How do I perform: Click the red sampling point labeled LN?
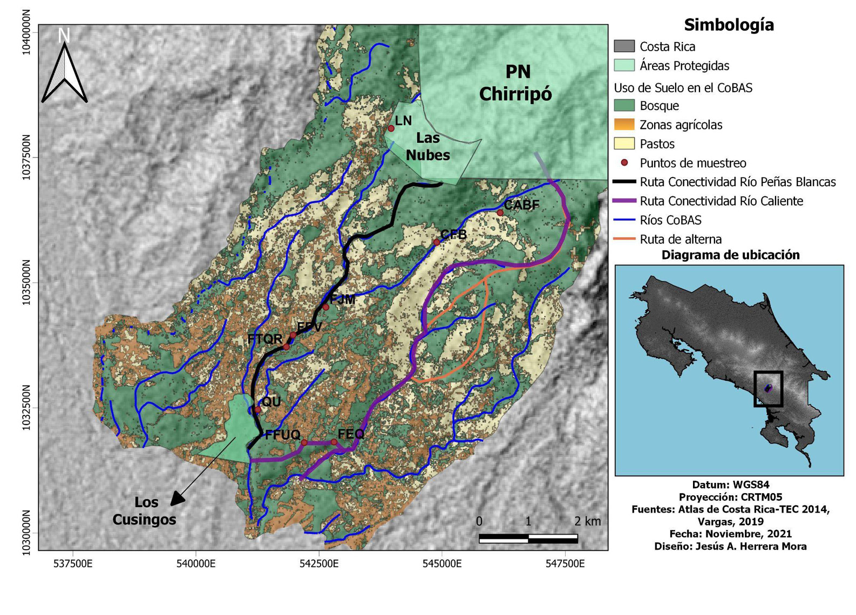(x=391, y=128)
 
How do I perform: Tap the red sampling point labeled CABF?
(x=500, y=213)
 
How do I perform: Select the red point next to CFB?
(x=437, y=242)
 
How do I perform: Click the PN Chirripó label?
(x=515, y=83)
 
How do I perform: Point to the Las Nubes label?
(x=428, y=147)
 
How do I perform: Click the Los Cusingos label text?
(x=144, y=510)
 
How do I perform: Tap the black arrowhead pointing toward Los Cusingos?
(x=177, y=499)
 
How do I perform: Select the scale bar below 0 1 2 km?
(x=528, y=538)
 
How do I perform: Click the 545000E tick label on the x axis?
(x=442, y=564)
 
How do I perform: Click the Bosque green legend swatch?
(x=624, y=105)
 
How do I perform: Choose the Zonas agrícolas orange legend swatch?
(x=624, y=125)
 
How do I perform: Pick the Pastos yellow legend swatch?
(x=624, y=143)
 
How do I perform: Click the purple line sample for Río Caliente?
(x=624, y=201)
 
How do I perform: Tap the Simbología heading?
(x=729, y=25)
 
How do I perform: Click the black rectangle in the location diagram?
(x=768, y=388)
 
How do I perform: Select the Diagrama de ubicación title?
(x=730, y=255)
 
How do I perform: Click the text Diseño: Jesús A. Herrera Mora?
(x=730, y=546)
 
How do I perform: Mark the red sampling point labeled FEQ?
(x=334, y=442)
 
